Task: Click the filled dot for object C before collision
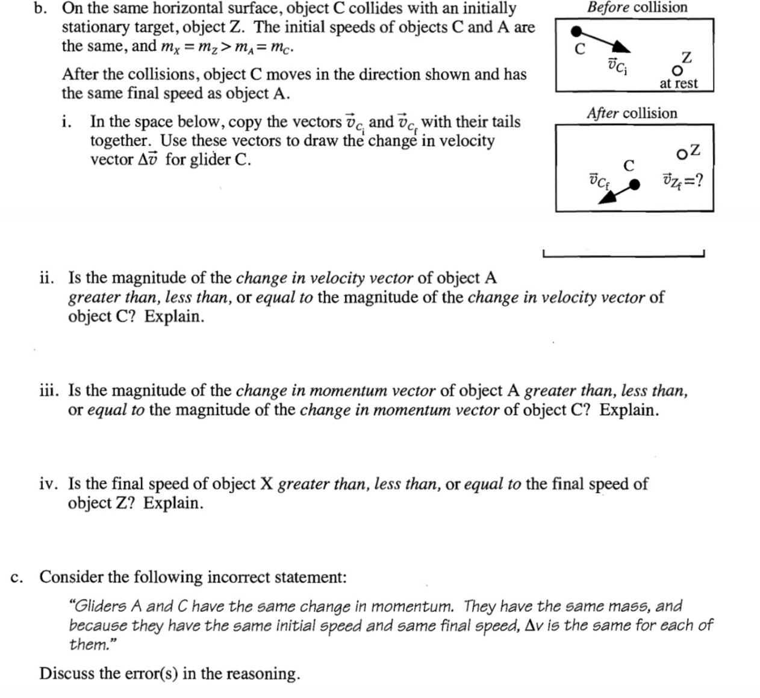[577, 30]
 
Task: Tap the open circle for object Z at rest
[677, 72]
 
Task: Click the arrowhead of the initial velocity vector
[623, 49]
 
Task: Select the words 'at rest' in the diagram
[679, 84]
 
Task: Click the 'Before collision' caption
[637, 7]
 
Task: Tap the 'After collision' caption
[632, 113]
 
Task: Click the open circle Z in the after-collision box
[681, 156]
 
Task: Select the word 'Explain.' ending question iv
[173, 503]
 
